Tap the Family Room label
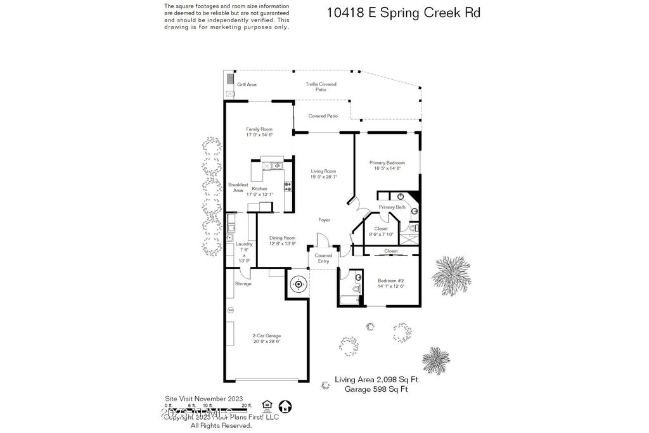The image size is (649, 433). click(x=259, y=129)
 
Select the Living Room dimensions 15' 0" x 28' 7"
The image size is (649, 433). click(x=323, y=177)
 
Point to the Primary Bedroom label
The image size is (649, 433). click(x=387, y=163)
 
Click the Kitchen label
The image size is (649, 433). click(x=259, y=189)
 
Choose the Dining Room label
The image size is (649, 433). click(x=282, y=238)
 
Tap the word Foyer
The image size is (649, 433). click(x=324, y=220)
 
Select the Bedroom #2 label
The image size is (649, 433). click(x=391, y=281)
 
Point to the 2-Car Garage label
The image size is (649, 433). click(x=266, y=336)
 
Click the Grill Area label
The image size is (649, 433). click(x=247, y=84)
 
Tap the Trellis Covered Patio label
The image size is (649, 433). click(x=321, y=87)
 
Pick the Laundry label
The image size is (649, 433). click(x=244, y=244)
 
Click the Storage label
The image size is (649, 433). click(x=243, y=283)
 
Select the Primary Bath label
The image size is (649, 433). click(x=392, y=207)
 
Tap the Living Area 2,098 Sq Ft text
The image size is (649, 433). click(x=376, y=380)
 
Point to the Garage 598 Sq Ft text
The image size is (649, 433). click(x=376, y=390)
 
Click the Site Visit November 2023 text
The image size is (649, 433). click(x=203, y=398)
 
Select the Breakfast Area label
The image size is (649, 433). click(x=238, y=188)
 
